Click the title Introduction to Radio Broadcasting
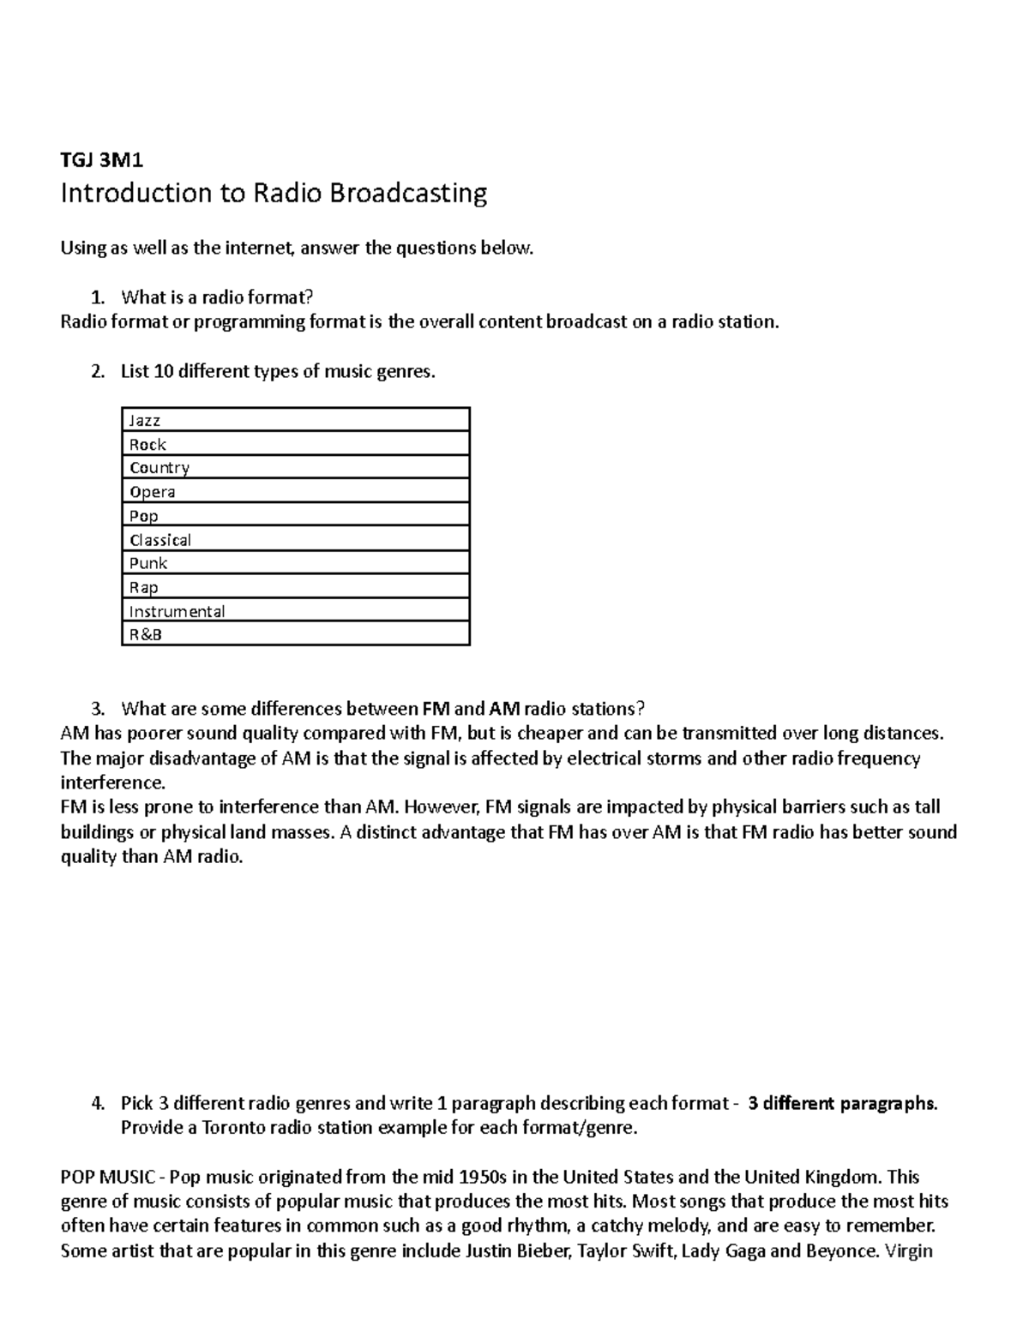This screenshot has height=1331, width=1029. (x=274, y=194)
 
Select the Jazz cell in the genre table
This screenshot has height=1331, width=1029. (x=296, y=420)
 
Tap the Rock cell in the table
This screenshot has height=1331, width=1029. (x=296, y=444)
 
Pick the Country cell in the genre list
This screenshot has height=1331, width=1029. (x=296, y=468)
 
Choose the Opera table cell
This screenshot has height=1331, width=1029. (x=296, y=492)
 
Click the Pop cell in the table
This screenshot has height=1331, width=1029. (x=296, y=516)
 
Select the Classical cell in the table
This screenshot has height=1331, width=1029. (x=296, y=540)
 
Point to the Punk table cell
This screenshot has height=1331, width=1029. (x=296, y=563)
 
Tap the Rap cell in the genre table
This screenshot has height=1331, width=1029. (x=296, y=587)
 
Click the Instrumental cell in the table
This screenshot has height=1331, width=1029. (x=296, y=611)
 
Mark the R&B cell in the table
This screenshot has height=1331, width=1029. (x=296, y=635)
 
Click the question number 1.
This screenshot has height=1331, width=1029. (x=97, y=298)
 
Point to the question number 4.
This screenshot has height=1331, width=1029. (x=97, y=1103)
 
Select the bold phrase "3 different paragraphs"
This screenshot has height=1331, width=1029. (x=842, y=1103)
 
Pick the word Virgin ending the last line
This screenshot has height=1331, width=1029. (x=909, y=1251)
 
